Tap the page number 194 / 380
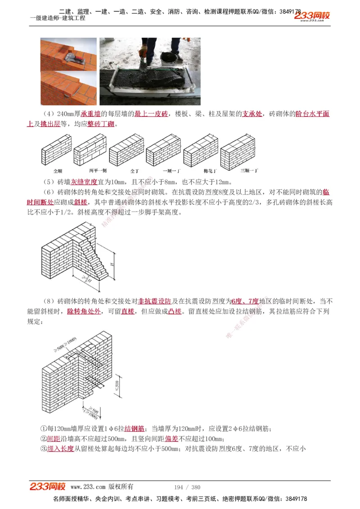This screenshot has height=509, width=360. pyautogui.click(x=187, y=487)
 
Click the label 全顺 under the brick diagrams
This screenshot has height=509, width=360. pyautogui.click(x=58, y=171)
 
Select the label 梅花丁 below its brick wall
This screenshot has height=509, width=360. pyautogui.click(x=210, y=171)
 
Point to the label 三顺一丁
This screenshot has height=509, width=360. pyautogui.click(x=249, y=171)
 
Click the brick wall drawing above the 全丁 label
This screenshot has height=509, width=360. pyautogui.click(x=126, y=151)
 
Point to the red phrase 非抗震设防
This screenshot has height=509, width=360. pyautogui.click(x=154, y=301)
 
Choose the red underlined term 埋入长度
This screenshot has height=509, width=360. pyautogui.click(x=60, y=449)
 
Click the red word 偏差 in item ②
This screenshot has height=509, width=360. pyautogui.click(x=171, y=439)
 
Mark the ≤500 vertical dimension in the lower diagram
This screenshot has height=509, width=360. pyautogui.click(x=117, y=385)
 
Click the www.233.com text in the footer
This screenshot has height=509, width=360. pyautogui.click(x=88, y=487)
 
